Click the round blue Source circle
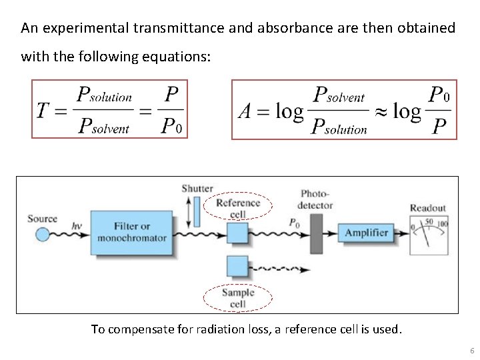pos(42,234)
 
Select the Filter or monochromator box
pos(131,233)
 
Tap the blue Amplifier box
pos(366,233)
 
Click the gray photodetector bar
pos(316,233)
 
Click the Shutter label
pos(197,189)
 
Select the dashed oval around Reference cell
pos(238,208)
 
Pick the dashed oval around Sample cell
pos(238,298)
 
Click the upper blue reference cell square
pos(237,233)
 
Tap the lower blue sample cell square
pos(237,265)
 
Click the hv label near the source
pos(77,226)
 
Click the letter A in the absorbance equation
pos(245,111)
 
